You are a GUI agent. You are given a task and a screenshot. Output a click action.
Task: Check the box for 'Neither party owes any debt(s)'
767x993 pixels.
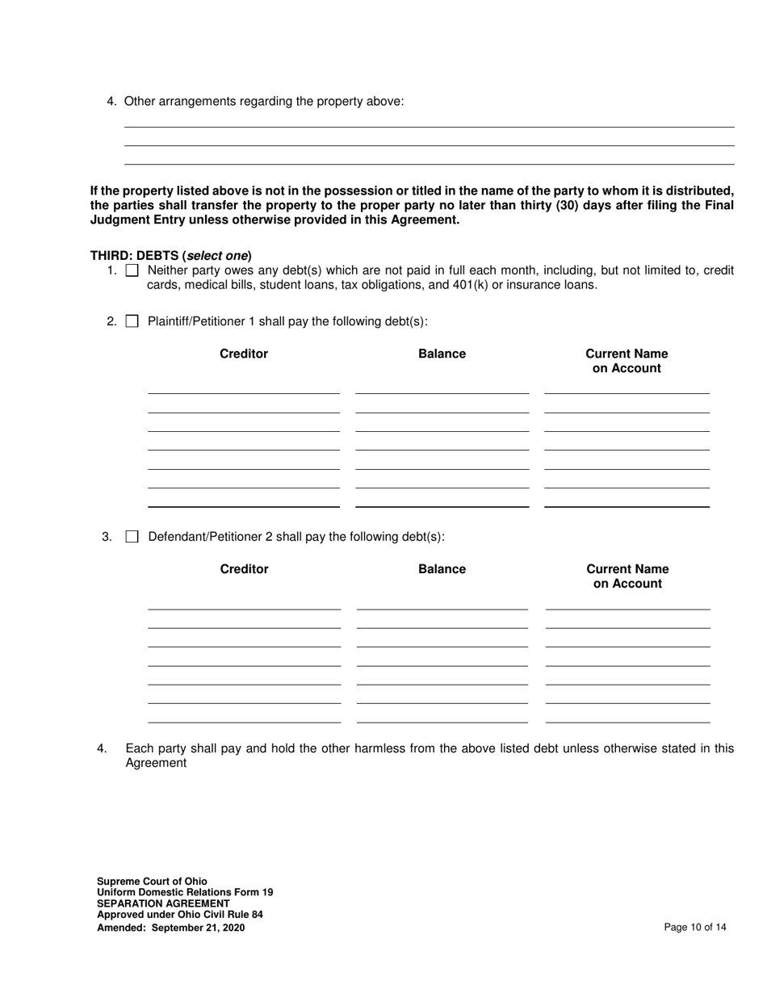133,270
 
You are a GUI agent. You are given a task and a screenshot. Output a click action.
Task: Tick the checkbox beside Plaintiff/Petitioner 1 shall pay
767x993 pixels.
133,321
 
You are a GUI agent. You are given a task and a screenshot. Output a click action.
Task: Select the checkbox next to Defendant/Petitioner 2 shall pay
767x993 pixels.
132,537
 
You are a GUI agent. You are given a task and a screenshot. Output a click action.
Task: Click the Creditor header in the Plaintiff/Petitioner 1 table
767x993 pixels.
244,354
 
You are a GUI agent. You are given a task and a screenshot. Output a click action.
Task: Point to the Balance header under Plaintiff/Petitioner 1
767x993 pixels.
442,354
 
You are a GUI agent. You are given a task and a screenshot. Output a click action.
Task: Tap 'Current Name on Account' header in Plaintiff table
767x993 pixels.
627,361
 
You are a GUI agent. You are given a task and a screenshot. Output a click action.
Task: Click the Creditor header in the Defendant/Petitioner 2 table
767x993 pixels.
244,569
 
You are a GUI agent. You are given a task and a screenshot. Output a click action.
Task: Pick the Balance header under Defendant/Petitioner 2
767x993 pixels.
442,569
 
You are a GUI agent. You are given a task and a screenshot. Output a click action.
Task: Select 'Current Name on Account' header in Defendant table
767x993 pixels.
627,576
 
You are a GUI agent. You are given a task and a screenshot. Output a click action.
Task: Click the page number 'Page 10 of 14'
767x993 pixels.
694,928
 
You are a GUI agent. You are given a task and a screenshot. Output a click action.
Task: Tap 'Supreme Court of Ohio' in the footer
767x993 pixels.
152,882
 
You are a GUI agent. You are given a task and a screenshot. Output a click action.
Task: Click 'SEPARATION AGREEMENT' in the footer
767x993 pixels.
163,903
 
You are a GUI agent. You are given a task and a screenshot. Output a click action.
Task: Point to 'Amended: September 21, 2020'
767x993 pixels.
170,928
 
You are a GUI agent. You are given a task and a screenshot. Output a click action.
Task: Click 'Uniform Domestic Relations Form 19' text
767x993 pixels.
185,892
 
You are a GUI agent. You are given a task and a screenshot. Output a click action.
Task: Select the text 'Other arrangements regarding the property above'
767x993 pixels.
264,102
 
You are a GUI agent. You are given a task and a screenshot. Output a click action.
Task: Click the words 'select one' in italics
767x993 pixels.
217,255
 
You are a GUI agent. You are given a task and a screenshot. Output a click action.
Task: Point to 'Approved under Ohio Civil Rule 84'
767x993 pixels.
179,915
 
